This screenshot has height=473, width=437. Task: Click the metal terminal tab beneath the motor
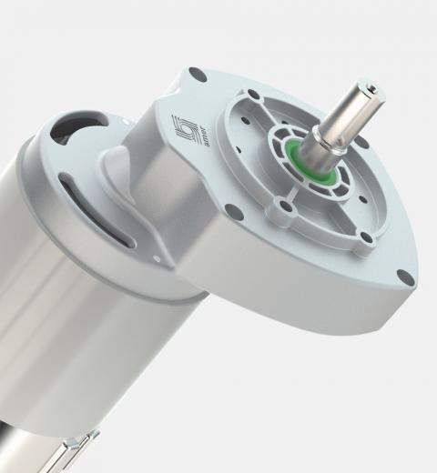coord(77,450)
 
